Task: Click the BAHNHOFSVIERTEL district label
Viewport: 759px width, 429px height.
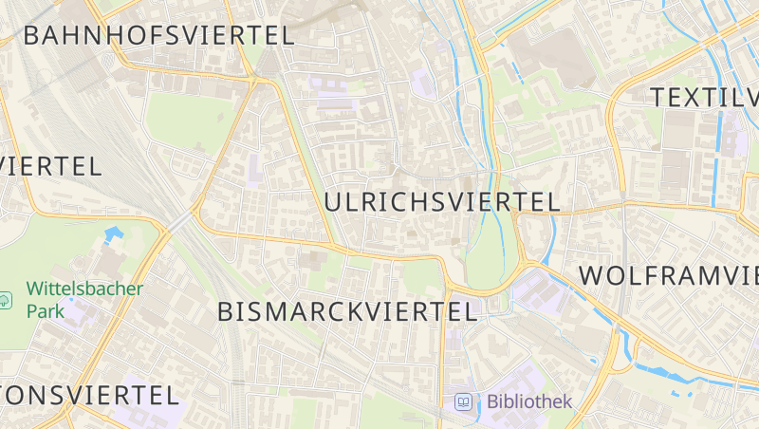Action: tap(158, 36)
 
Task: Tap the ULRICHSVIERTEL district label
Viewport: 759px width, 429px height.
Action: tap(442, 202)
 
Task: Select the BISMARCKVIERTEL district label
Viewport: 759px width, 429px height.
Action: tap(346, 311)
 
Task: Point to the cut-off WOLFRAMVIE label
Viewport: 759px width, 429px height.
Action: tap(669, 276)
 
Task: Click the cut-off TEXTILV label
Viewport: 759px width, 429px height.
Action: tap(705, 97)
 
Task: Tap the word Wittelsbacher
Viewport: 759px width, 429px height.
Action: tap(84, 289)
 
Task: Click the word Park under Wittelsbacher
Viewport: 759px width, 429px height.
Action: tap(45, 310)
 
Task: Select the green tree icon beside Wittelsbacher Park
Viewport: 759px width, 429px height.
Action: tap(7, 300)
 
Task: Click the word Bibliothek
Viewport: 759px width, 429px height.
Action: tap(529, 401)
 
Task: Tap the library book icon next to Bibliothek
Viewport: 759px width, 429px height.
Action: tap(464, 401)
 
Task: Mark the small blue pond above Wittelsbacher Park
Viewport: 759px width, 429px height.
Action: tap(114, 233)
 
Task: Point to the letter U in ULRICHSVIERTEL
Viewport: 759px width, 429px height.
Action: tap(334, 202)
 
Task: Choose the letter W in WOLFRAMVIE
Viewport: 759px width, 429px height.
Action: tap(592, 276)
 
